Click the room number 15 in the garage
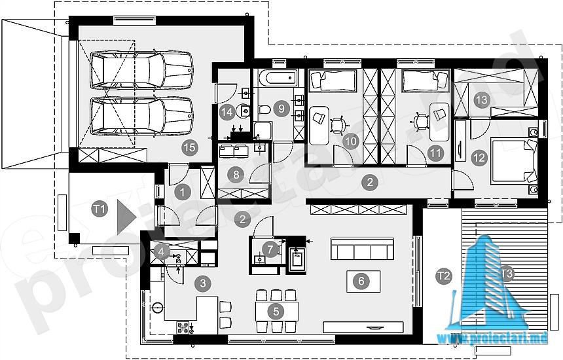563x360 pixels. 190,147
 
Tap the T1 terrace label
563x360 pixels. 100,209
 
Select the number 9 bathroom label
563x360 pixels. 281,108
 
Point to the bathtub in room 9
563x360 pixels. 279,78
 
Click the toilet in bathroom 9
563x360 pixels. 264,109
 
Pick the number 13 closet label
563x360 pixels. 481,99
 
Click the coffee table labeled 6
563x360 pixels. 363,281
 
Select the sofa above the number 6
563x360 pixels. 362,248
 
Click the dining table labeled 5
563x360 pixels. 276,312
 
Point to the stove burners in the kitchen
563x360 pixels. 183,327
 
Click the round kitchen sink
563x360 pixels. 157,308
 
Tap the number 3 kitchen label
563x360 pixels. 203,283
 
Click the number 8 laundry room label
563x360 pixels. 236,175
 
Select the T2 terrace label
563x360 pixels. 443,276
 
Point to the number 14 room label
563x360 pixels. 227,112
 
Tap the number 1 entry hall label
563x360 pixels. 182,192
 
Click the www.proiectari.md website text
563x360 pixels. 492,338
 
